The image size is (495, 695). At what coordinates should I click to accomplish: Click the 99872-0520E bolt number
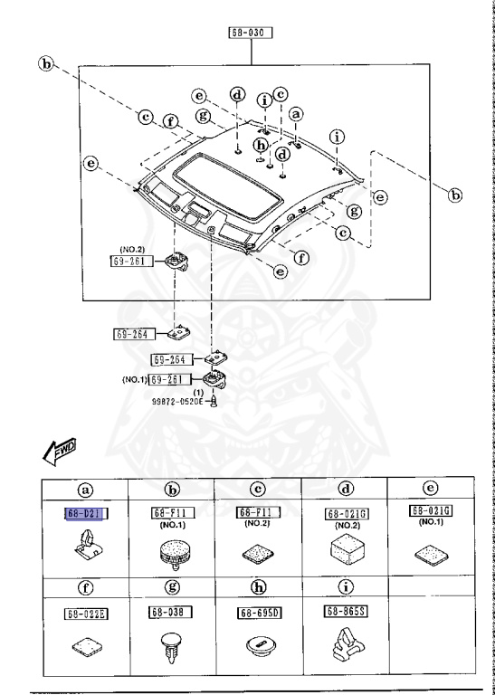tap(177, 399)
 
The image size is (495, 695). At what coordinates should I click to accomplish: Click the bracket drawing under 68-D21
tap(86, 547)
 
